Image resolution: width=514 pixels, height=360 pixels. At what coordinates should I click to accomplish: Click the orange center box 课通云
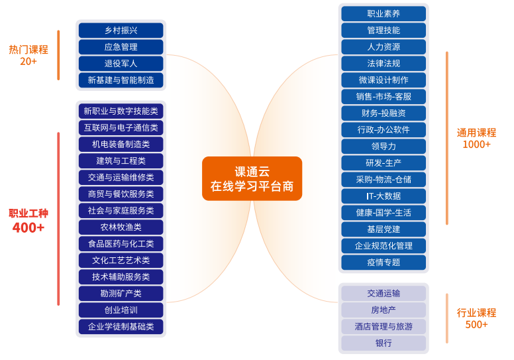click(252, 178)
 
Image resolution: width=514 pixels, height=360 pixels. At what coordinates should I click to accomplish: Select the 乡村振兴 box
click(121, 30)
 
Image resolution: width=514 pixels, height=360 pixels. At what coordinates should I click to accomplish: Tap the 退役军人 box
click(121, 64)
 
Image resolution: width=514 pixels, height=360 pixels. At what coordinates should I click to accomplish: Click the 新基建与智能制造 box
click(121, 80)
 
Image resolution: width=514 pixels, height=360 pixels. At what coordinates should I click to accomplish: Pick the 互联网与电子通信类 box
click(121, 128)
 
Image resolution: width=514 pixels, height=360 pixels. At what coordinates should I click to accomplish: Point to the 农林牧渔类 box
click(121, 227)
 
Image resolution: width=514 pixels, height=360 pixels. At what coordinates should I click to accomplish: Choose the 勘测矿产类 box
click(121, 294)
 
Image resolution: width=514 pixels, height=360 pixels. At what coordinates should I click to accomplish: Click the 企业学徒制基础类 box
click(121, 327)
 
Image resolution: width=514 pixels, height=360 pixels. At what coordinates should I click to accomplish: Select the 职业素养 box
click(384, 14)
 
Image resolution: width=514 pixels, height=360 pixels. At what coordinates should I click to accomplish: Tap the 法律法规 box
click(384, 64)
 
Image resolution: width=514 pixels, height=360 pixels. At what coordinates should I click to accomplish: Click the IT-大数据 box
click(384, 196)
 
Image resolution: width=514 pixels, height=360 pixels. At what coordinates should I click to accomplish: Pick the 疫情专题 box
click(384, 263)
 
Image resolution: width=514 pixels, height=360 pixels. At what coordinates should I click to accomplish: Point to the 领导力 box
click(384, 147)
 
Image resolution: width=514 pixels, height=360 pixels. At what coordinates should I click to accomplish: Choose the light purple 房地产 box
click(384, 310)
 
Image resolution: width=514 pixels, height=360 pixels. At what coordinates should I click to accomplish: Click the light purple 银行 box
click(384, 343)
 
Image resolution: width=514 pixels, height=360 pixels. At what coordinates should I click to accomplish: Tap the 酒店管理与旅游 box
click(384, 327)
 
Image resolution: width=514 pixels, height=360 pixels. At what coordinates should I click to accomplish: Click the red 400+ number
click(28, 228)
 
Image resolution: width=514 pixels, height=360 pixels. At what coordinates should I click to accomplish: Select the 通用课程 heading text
click(476, 133)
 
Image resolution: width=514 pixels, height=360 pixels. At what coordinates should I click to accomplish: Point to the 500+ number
click(476, 325)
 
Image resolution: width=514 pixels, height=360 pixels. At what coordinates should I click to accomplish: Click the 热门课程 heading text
click(28, 50)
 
